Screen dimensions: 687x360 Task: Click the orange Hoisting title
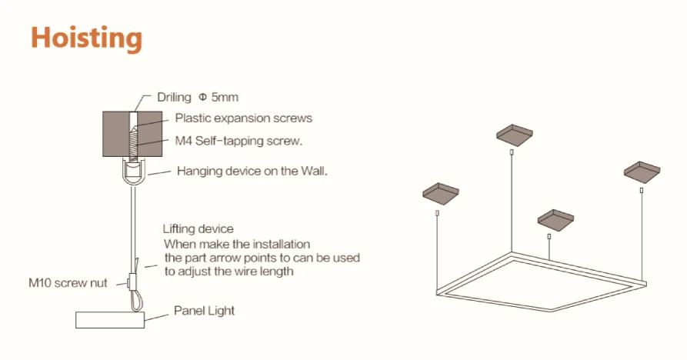point(86,38)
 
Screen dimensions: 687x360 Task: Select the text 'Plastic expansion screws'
point(243,118)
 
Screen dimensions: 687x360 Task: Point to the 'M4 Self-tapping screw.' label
point(238,141)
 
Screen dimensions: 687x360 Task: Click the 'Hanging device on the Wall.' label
point(252,171)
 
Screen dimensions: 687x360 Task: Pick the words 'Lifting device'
point(198,229)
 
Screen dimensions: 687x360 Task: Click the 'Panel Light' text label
point(204,311)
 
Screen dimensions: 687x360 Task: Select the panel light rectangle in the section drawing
point(111,320)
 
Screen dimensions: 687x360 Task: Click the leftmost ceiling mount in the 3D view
point(440,192)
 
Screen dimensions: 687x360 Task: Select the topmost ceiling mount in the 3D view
point(513,135)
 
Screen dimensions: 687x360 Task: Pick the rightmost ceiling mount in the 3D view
point(642,168)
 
